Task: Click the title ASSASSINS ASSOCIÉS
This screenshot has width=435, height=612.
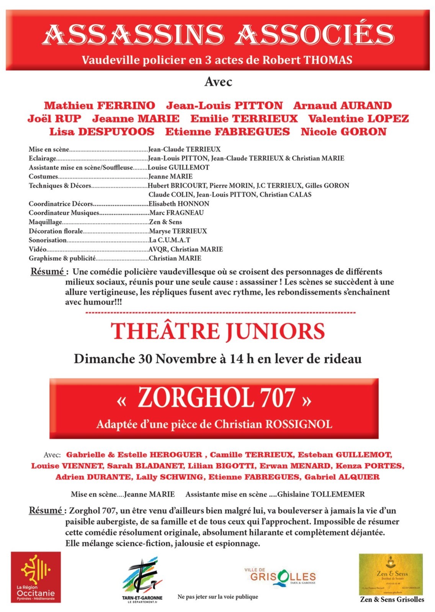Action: (x=218, y=34)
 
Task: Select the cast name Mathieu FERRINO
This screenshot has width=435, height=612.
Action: (x=100, y=106)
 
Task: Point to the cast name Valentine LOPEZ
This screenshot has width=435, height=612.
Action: (x=358, y=119)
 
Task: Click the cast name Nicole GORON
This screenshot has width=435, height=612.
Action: (x=343, y=132)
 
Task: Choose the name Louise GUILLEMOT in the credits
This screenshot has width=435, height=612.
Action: (x=178, y=167)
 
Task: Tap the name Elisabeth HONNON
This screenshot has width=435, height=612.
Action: (x=179, y=203)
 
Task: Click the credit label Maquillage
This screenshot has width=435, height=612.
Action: (x=45, y=222)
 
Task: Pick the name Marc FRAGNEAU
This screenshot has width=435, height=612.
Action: (x=176, y=213)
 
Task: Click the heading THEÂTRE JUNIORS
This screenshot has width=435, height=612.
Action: (x=218, y=332)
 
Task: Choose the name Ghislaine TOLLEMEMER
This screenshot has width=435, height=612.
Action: (x=321, y=494)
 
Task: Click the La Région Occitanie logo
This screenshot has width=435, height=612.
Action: (x=36, y=577)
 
